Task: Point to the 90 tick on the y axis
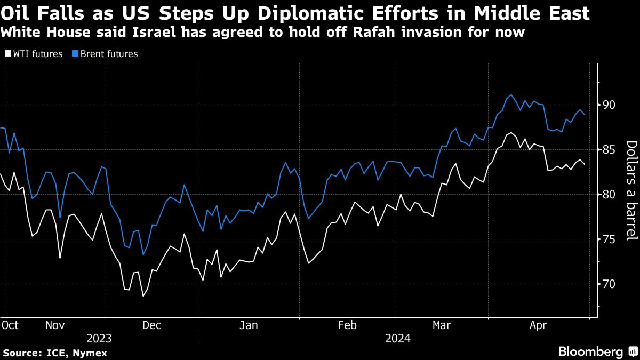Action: tap(609, 105)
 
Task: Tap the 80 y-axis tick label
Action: tap(609, 195)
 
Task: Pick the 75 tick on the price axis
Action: tap(609, 239)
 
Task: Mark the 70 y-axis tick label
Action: tap(609, 284)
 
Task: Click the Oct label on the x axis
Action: tap(10, 325)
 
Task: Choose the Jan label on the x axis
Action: tap(250, 325)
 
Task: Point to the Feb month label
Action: tap(348, 325)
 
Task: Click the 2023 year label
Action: tap(99, 338)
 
